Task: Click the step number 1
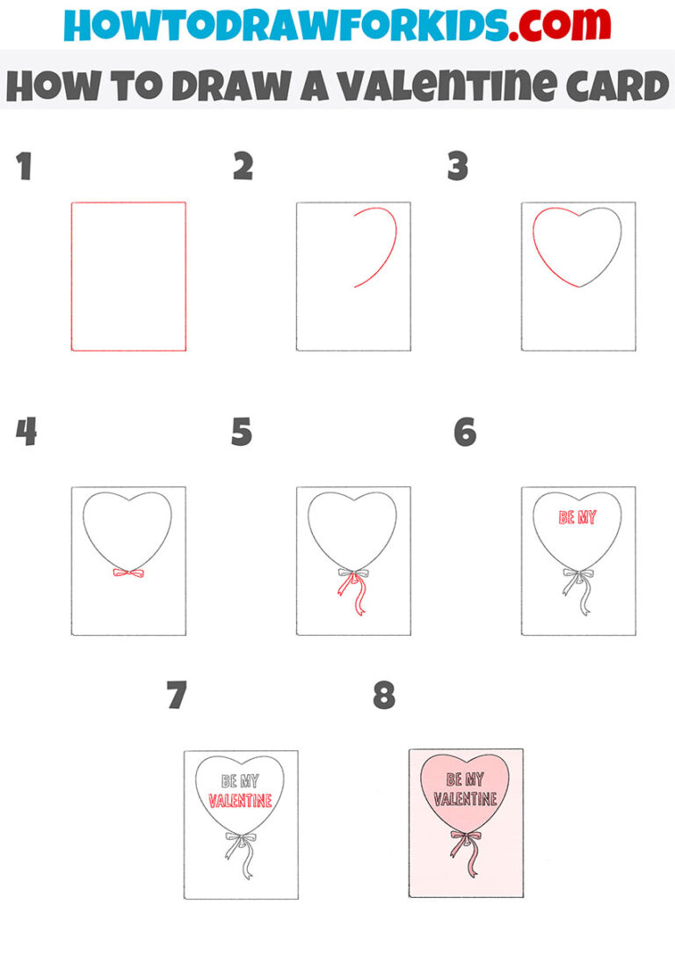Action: [x=24, y=166]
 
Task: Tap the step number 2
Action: [x=243, y=166]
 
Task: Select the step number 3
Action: [x=457, y=166]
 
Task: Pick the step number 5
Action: [x=242, y=432]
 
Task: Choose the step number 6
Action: [x=464, y=432]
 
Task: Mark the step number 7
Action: [x=177, y=696]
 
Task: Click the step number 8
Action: [x=384, y=696]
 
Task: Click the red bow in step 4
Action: [x=128, y=573]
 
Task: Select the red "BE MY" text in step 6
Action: [x=577, y=517]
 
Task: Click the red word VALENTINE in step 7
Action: [x=240, y=801]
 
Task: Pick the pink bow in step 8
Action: [x=466, y=836]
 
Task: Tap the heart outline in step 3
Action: [x=577, y=246]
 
